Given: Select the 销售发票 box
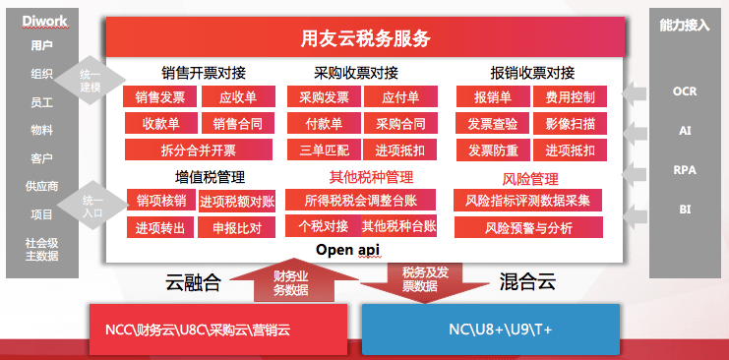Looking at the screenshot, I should [160, 97].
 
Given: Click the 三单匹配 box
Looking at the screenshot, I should [318, 150].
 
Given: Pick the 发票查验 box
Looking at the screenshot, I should [491, 124].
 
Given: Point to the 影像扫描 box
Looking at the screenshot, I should [570, 124].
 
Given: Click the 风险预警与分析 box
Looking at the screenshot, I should [528, 227].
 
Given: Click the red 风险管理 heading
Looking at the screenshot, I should [529, 179].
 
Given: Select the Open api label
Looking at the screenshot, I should [346, 250].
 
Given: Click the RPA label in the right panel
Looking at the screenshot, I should [685, 169].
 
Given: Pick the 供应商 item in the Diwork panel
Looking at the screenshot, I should [41, 185].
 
